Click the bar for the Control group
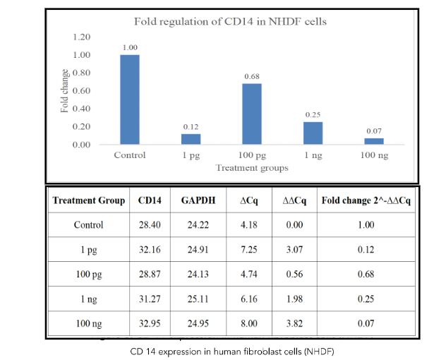(130, 100)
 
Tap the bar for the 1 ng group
(313, 133)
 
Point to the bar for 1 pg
(191, 139)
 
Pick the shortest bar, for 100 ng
(374, 141)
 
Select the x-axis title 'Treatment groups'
(252, 168)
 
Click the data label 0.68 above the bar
(252, 76)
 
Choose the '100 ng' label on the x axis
(374, 155)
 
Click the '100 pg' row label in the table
(89, 275)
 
